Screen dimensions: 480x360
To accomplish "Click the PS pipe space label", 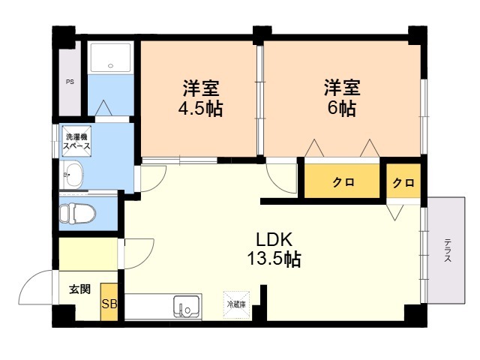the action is click(70, 82).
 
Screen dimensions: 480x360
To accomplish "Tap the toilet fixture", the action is click(77, 213).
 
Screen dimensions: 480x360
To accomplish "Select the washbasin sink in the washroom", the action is click(73, 175).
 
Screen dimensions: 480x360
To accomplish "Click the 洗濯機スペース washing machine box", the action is click(76, 141).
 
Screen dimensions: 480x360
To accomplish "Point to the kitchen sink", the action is click(187, 307).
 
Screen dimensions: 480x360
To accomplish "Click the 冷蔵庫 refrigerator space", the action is click(236, 304).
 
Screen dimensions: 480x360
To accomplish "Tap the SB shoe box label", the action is click(109, 304).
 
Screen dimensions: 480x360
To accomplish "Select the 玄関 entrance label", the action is click(80, 289).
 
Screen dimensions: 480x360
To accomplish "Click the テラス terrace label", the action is click(448, 250).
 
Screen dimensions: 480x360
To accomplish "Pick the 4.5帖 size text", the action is click(200, 108).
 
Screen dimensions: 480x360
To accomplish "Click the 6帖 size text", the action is click(342, 108).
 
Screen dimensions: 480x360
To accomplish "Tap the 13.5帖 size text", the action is click(274, 259).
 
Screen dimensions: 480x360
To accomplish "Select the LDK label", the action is click(274, 240).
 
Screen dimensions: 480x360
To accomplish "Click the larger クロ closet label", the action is click(343, 182).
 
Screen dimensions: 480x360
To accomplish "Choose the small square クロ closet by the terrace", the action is click(403, 181).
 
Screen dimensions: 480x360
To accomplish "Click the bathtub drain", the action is click(111, 65).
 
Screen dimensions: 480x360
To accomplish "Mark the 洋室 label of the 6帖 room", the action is click(342, 88).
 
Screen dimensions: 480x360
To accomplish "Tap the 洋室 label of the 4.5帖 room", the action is click(201, 88).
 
